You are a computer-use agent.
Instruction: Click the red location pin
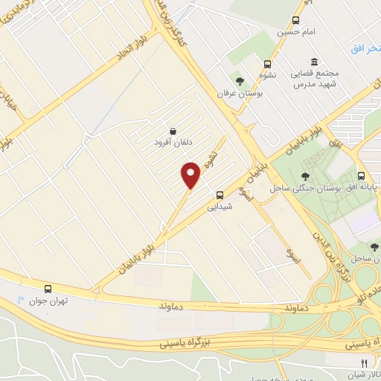click(x=191, y=175)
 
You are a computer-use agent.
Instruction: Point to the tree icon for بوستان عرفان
click(x=240, y=80)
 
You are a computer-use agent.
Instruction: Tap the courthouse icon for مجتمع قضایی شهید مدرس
click(x=313, y=60)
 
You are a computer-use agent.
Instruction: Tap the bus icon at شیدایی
click(x=219, y=195)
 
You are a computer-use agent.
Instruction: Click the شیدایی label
click(x=222, y=207)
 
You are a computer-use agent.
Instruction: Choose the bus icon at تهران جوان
click(x=48, y=289)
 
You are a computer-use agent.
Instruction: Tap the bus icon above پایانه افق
click(x=362, y=176)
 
